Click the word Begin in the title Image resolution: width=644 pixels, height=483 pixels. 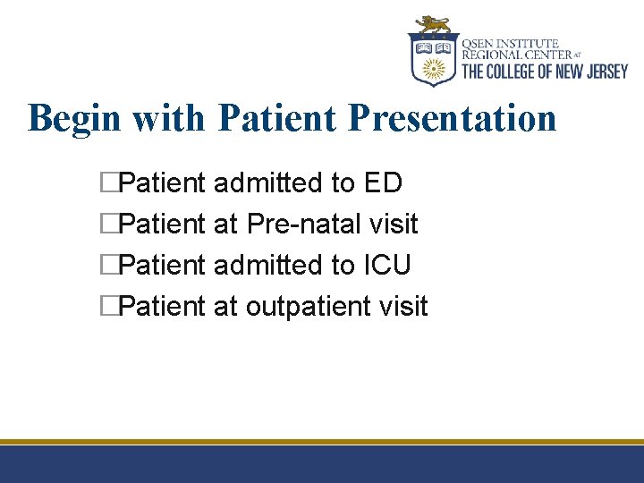pos(71,118)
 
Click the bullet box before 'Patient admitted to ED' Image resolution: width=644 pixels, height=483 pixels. pos(110,183)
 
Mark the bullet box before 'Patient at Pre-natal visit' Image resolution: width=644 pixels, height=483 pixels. pos(110,225)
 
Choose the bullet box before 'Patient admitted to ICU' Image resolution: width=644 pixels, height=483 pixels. pos(110,266)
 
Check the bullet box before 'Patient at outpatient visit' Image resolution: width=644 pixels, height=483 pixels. pos(110,307)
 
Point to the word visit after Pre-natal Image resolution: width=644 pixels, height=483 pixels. pos(394,225)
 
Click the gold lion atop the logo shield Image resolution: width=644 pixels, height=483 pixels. pos(434,24)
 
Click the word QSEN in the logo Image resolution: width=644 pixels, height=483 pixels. pos(479,43)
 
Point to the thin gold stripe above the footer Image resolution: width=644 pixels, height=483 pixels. pos(322,442)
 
